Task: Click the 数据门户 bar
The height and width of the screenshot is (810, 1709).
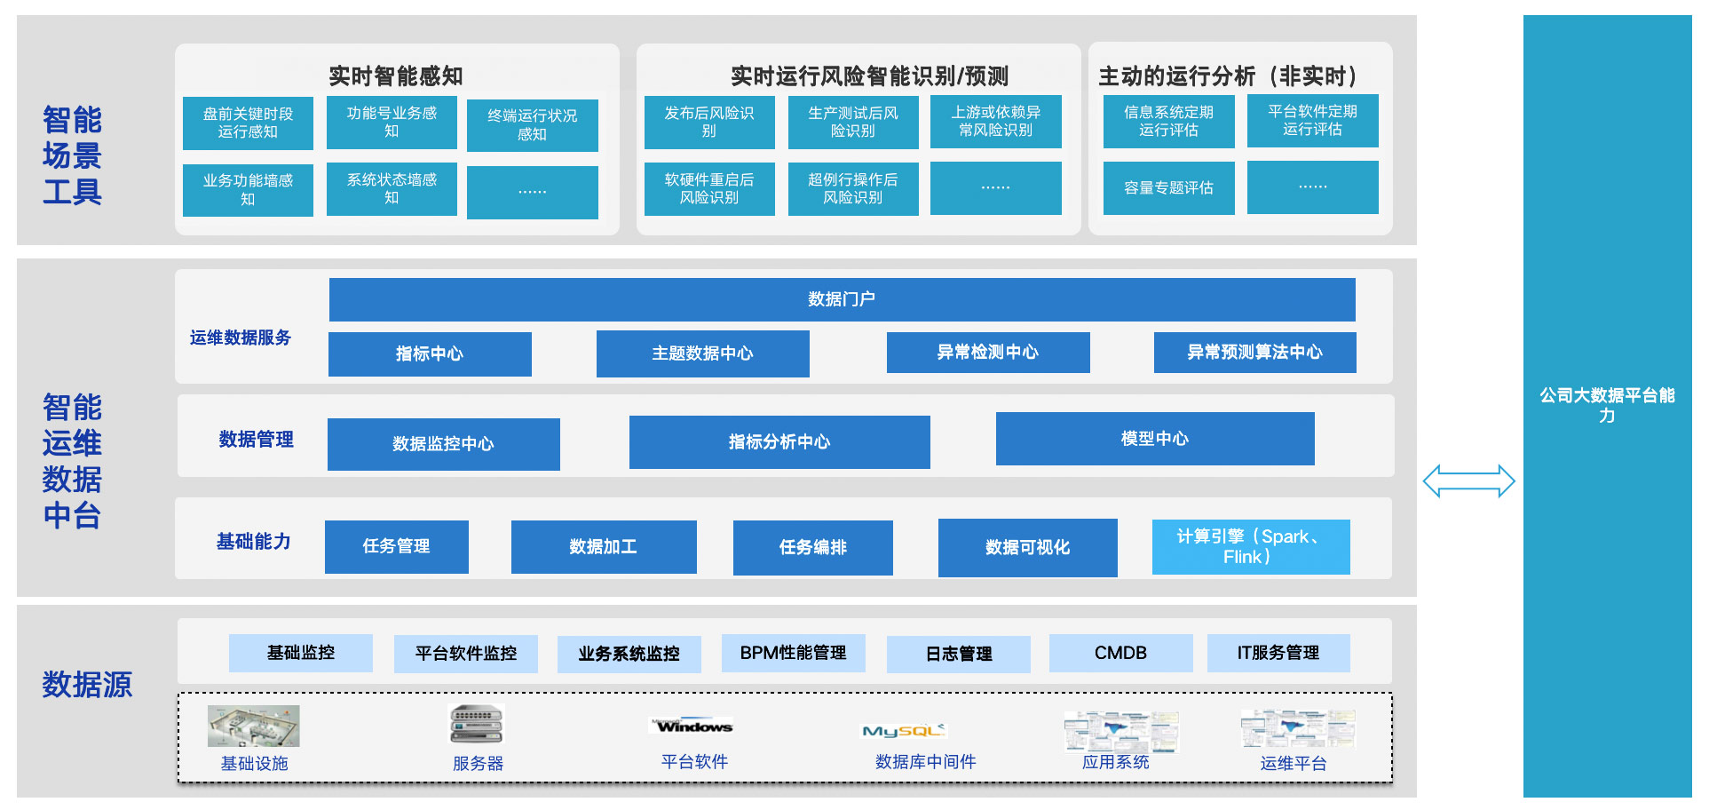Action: (842, 299)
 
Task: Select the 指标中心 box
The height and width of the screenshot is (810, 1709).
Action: (430, 353)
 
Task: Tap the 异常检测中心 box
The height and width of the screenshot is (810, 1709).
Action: (987, 353)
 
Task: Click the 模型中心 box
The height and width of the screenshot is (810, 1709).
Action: (1154, 439)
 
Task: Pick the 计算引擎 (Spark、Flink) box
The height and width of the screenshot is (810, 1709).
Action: (1250, 547)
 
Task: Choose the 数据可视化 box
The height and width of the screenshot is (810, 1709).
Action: (1027, 548)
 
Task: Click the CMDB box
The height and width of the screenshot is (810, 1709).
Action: (1120, 653)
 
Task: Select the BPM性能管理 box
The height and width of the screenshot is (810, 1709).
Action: (793, 653)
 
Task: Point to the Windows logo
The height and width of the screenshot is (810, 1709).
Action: (693, 726)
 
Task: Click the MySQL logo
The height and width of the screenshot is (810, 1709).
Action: (904, 731)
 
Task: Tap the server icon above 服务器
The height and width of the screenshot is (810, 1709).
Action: (477, 724)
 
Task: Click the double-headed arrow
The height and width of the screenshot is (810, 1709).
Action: (1468, 481)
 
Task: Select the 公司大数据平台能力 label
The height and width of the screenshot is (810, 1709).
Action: (1607, 405)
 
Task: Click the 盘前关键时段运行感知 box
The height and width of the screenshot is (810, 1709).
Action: (248, 123)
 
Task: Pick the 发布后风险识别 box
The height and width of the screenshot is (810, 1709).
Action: (708, 122)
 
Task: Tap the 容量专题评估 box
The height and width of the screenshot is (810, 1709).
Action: (1168, 188)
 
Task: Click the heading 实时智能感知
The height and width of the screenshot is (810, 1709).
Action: (396, 76)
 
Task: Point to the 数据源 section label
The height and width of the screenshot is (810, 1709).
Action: (87, 685)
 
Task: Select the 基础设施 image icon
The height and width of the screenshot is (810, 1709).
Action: (253, 727)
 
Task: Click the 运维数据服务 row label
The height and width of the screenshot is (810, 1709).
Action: (240, 337)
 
